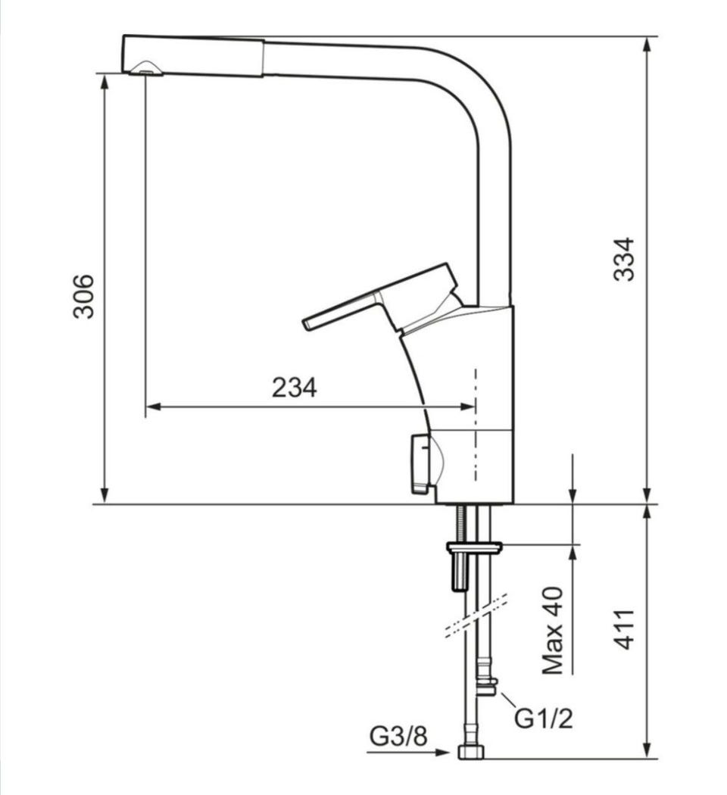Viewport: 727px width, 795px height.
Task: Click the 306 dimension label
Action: click(83, 296)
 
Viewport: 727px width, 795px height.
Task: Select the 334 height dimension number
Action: click(623, 259)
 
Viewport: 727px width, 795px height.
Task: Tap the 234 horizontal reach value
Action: click(294, 388)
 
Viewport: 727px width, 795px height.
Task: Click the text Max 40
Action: click(553, 630)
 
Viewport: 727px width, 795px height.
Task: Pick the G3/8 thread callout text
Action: click(398, 736)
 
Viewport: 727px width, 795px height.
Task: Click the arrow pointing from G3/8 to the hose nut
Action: click(408, 753)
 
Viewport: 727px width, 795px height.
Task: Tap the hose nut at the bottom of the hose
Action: click(471, 752)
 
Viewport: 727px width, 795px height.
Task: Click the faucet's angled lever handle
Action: click(380, 298)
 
